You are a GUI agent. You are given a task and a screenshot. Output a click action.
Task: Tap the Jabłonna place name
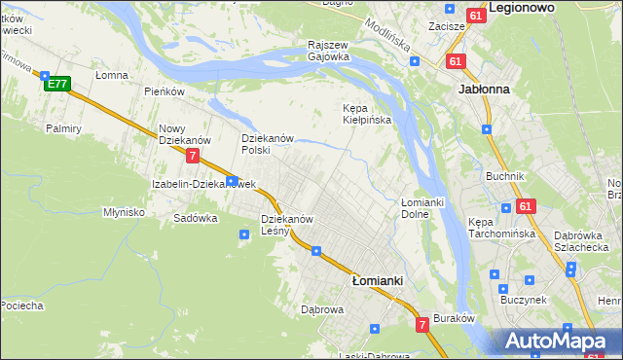[484, 88]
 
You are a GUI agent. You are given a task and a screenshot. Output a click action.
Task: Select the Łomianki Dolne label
[422, 207]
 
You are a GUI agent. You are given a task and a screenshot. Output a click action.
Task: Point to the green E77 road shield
[56, 84]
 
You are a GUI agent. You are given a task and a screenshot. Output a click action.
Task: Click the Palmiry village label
[62, 127]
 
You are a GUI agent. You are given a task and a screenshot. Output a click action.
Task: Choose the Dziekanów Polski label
[268, 144]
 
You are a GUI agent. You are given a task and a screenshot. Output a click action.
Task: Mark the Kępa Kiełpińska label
[367, 114]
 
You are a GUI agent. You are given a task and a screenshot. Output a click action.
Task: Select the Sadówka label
[195, 218]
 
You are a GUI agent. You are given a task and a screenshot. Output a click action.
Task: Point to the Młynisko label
[125, 211]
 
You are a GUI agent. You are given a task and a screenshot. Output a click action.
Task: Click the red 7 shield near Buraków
[422, 324]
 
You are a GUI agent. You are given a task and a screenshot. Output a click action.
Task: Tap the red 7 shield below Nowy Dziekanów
[194, 156]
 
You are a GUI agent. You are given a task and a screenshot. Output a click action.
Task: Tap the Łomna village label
[112, 75]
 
